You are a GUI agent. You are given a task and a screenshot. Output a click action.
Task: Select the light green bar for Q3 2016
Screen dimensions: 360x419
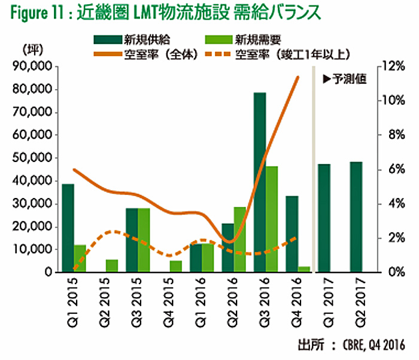(x=272, y=219)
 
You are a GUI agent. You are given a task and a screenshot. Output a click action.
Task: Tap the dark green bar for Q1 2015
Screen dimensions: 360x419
(x=68, y=228)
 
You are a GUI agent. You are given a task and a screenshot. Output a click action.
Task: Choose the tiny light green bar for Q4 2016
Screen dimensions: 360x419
(x=304, y=269)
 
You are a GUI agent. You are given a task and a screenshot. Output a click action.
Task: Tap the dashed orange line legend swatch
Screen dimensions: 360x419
(x=218, y=54)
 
